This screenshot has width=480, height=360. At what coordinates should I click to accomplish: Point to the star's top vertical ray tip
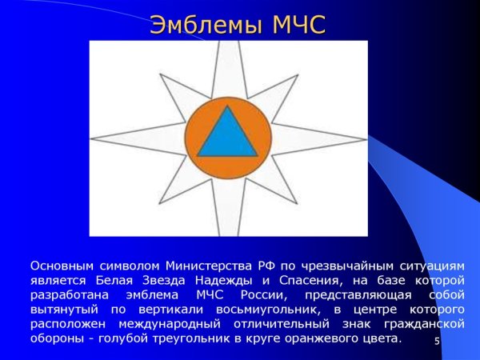pyautogui.click(x=229, y=45)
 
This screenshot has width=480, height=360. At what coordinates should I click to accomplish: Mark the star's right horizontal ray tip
pyautogui.click(x=364, y=138)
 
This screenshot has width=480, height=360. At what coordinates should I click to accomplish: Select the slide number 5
pyautogui.click(x=437, y=342)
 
